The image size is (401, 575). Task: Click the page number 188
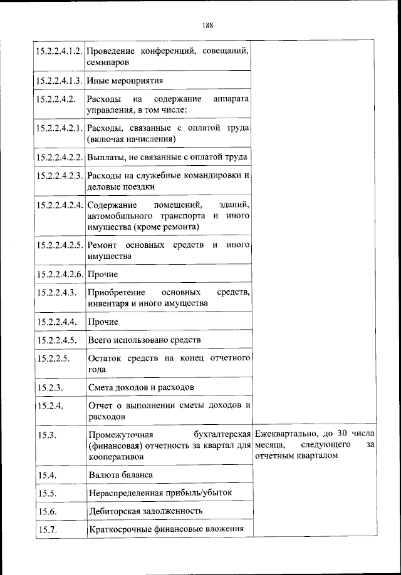tap(208, 26)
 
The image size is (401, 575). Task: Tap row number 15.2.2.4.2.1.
tap(59, 128)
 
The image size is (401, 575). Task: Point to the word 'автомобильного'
tap(119, 215)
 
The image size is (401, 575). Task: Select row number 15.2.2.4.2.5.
tap(59, 244)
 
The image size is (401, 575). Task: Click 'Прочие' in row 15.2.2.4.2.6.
tap(103, 274)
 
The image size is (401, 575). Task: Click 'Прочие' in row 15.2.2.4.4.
tap(103, 322)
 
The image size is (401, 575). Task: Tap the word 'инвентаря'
tap(108, 303)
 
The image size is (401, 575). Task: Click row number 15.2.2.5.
tap(52, 358)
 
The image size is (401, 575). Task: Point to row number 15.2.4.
tap(48, 405)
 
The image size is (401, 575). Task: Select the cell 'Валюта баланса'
tap(120, 475)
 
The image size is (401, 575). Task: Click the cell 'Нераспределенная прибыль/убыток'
tap(160, 492)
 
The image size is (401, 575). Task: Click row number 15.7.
tap(46, 529)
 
